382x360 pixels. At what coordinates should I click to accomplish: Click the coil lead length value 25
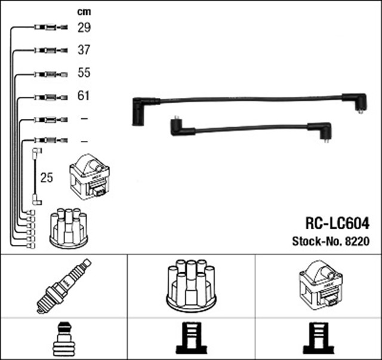47,178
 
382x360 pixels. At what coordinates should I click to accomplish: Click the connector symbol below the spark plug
64,339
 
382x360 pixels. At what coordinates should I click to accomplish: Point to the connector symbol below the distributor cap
192,339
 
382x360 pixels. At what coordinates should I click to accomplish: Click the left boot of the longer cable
140,110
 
